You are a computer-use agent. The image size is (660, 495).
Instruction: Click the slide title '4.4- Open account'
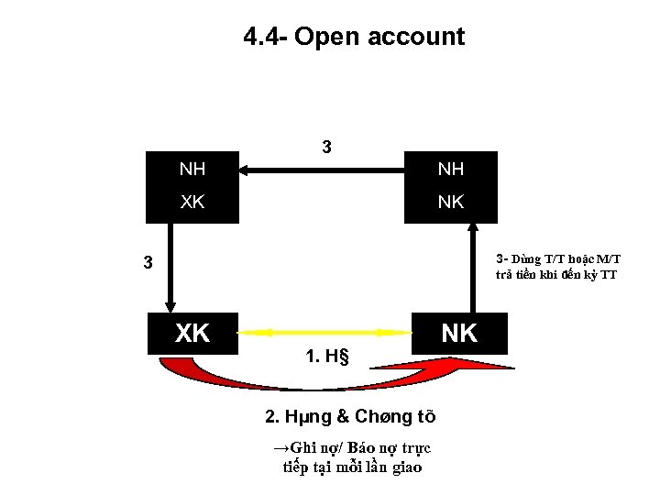[354, 37]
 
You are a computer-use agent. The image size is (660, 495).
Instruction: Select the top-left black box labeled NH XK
[192, 187]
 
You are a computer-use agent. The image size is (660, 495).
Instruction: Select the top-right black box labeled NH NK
[451, 187]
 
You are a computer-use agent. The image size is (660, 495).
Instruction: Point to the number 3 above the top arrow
[327, 148]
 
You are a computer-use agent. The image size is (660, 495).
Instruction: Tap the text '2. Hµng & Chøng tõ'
[350, 416]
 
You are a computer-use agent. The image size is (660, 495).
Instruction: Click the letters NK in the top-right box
[451, 203]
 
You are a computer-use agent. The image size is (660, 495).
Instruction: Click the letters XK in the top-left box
[192, 203]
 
